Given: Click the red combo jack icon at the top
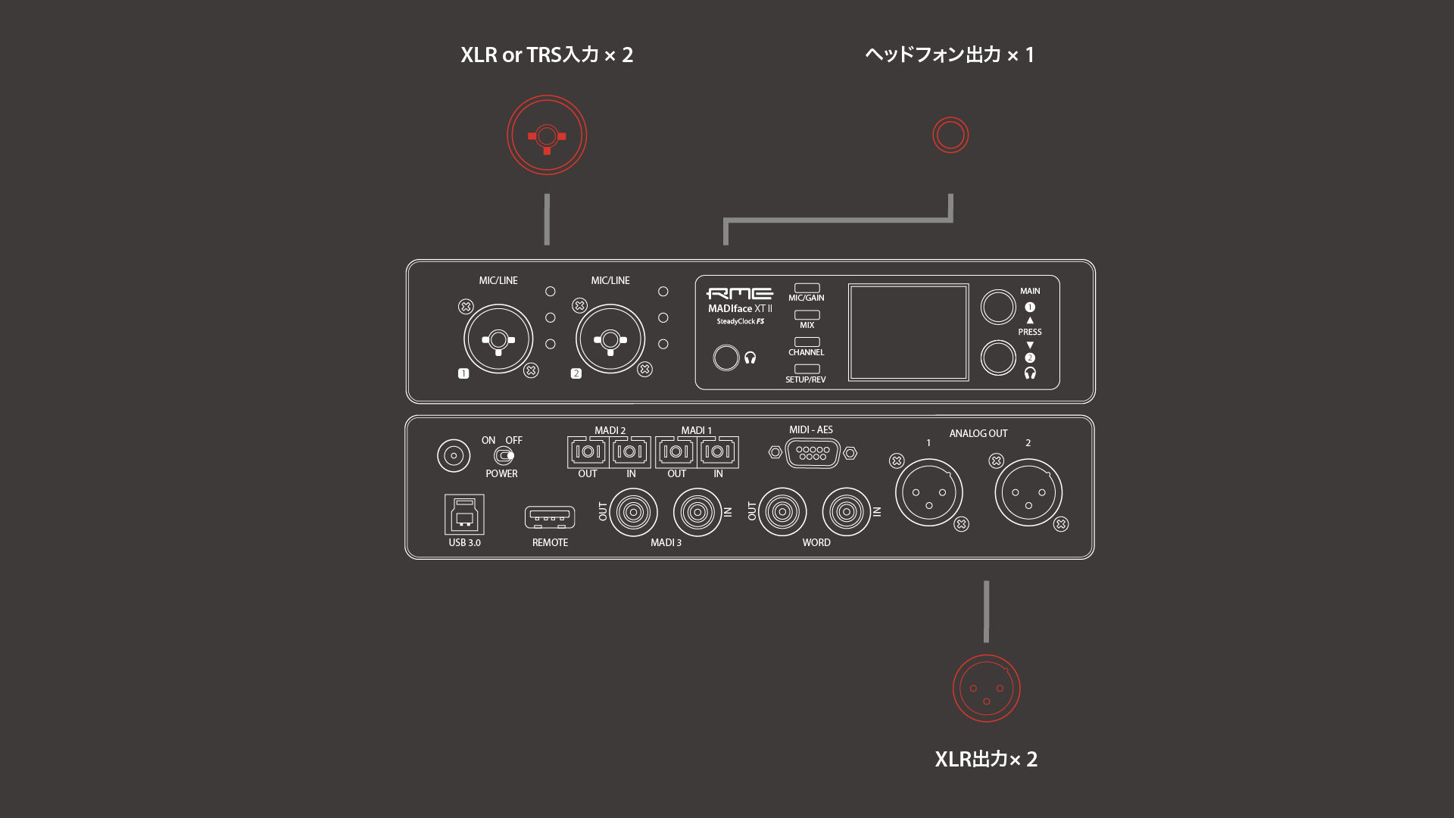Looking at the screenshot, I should pyautogui.click(x=547, y=136).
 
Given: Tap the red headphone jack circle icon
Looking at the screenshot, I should pyautogui.click(x=950, y=136).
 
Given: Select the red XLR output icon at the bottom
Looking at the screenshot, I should pyautogui.click(x=986, y=688).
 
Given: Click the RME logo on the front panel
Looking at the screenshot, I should pyautogui.click(x=739, y=293).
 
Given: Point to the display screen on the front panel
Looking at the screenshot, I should pyautogui.click(x=908, y=333).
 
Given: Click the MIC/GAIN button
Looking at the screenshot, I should pyautogui.click(x=807, y=289).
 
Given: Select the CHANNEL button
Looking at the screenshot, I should pyautogui.click(x=807, y=342).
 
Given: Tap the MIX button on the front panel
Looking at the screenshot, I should pyautogui.click(x=807, y=315).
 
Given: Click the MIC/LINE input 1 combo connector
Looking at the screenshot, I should pyautogui.click(x=498, y=339).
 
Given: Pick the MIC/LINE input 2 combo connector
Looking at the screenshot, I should pyautogui.click(x=610, y=339).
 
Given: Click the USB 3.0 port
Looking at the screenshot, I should pyautogui.click(x=464, y=515).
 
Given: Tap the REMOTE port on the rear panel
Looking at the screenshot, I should pyautogui.click(x=550, y=517).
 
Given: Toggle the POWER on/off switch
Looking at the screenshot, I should pyautogui.click(x=504, y=455).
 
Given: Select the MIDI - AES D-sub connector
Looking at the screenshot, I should pyautogui.click(x=813, y=453).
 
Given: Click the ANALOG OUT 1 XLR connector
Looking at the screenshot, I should pyautogui.click(x=929, y=493).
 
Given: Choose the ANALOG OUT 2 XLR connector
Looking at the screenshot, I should pyautogui.click(x=1028, y=493).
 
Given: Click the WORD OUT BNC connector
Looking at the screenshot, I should pyautogui.click(x=782, y=512).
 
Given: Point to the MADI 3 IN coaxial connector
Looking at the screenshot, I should pyautogui.click(x=697, y=512).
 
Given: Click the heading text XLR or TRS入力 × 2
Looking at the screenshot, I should pyautogui.click(x=547, y=55).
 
